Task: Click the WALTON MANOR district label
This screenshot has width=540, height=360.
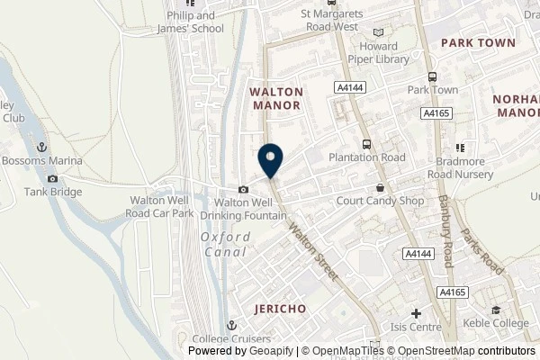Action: (x=275, y=98)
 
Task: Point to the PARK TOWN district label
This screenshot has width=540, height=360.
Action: (x=478, y=42)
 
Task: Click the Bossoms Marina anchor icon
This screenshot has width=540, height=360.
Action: (x=40, y=147)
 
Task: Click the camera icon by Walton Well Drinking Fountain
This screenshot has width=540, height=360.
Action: (x=244, y=189)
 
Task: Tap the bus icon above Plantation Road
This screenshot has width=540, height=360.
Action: (x=366, y=144)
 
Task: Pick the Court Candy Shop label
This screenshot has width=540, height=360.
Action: (x=380, y=201)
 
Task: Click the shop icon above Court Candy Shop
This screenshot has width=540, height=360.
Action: (x=381, y=188)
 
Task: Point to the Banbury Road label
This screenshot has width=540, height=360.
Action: (x=445, y=232)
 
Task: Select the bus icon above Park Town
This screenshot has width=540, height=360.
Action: (x=432, y=77)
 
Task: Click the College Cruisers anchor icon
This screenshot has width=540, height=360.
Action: (x=231, y=326)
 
